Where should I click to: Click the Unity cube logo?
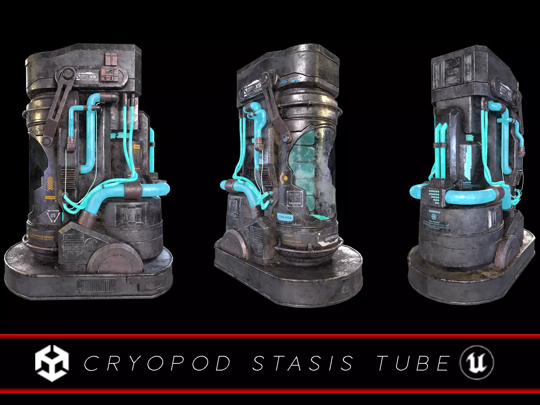pyautogui.click(x=52, y=363)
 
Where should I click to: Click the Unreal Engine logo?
pyautogui.click(x=477, y=363)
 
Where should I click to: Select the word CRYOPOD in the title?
pyautogui.click(x=157, y=363)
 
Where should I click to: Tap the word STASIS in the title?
pyautogui.click(x=303, y=363)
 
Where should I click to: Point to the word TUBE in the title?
pyautogui.click(x=413, y=363)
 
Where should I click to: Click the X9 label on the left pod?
pyautogui.click(x=92, y=76)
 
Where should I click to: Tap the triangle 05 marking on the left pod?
pyautogui.click(x=53, y=216)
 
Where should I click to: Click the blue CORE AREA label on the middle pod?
pyautogui.click(x=285, y=217)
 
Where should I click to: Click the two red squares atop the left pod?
pyautogui.click(x=111, y=59)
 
